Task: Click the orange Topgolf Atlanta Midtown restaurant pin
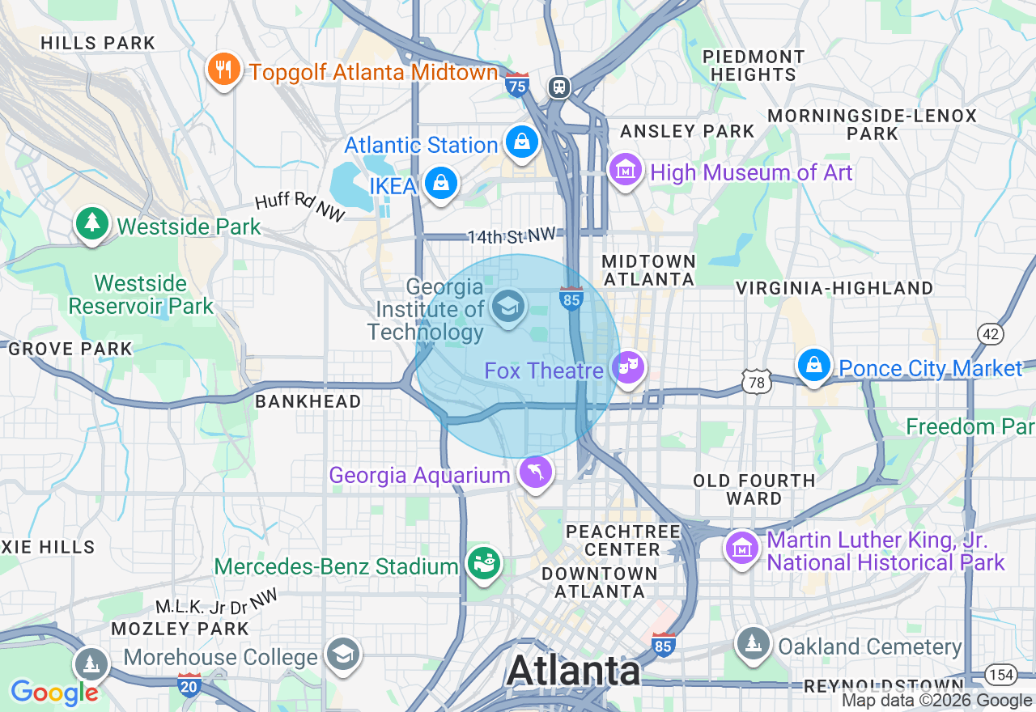(223, 70)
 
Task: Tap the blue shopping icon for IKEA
(440, 184)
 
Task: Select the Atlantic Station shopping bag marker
(522, 142)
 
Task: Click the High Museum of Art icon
(626, 170)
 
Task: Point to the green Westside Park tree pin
(91, 223)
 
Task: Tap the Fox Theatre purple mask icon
(628, 368)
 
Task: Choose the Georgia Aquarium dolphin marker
(535, 473)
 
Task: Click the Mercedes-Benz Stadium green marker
(484, 564)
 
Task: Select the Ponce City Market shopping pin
(814, 366)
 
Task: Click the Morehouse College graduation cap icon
(343, 654)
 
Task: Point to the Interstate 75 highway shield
(516, 84)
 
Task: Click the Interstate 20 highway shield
(189, 684)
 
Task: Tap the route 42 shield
(990, 333)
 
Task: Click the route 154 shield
(1000, 674)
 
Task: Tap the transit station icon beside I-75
(558, 87)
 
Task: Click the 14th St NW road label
(511, 236)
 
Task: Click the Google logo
(54, 693)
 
